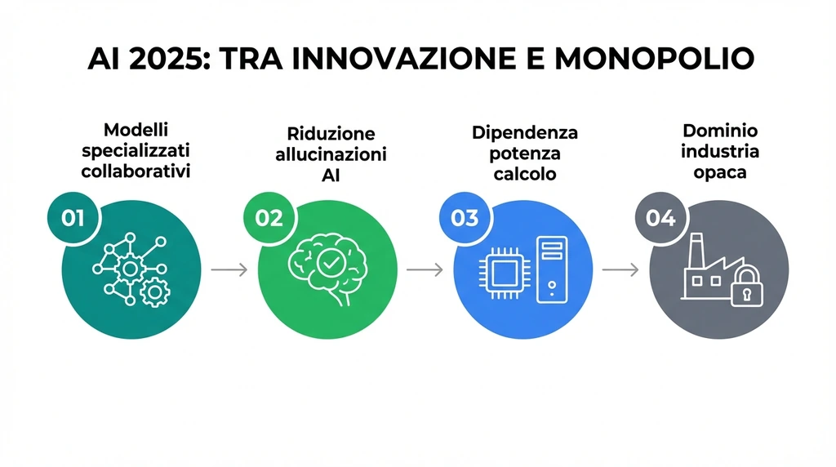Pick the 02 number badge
[x=269, y=218]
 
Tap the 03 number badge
[x=464, y=218]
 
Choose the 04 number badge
[x=660, y=218]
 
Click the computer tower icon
[x=551, y=269]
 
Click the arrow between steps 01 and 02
[x=229, y=269]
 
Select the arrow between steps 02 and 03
[x=425, y=269]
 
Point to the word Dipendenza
[x=524, y=132]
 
